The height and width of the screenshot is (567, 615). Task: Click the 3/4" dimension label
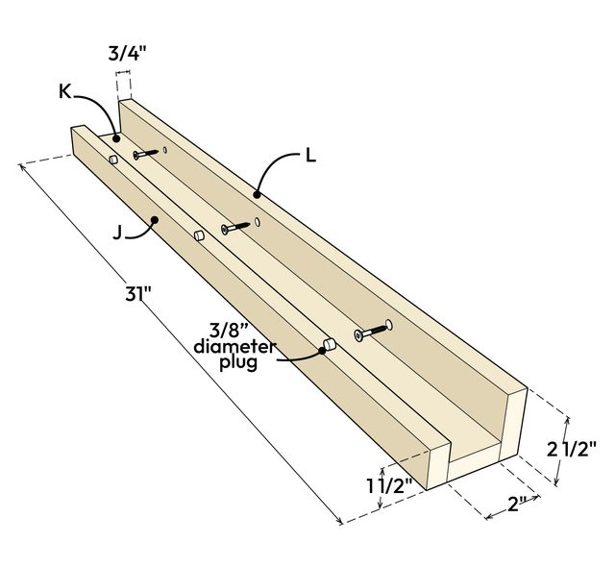click(x=122, y=55)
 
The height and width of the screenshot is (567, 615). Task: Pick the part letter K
click(x=64, y=91)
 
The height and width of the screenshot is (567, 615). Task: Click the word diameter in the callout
click(x=234, y=346)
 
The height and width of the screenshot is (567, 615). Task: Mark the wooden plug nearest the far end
click(x=112, y=158)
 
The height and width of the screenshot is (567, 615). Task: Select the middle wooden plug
click(x=199, y=234)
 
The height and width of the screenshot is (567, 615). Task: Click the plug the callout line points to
click(x=328, y=344)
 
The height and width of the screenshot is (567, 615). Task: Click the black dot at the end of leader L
click(x=257, y=194)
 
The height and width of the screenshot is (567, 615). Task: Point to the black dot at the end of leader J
click(x=155, y=223)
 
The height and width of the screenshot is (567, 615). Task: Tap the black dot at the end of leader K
click(x=117, y=138)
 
